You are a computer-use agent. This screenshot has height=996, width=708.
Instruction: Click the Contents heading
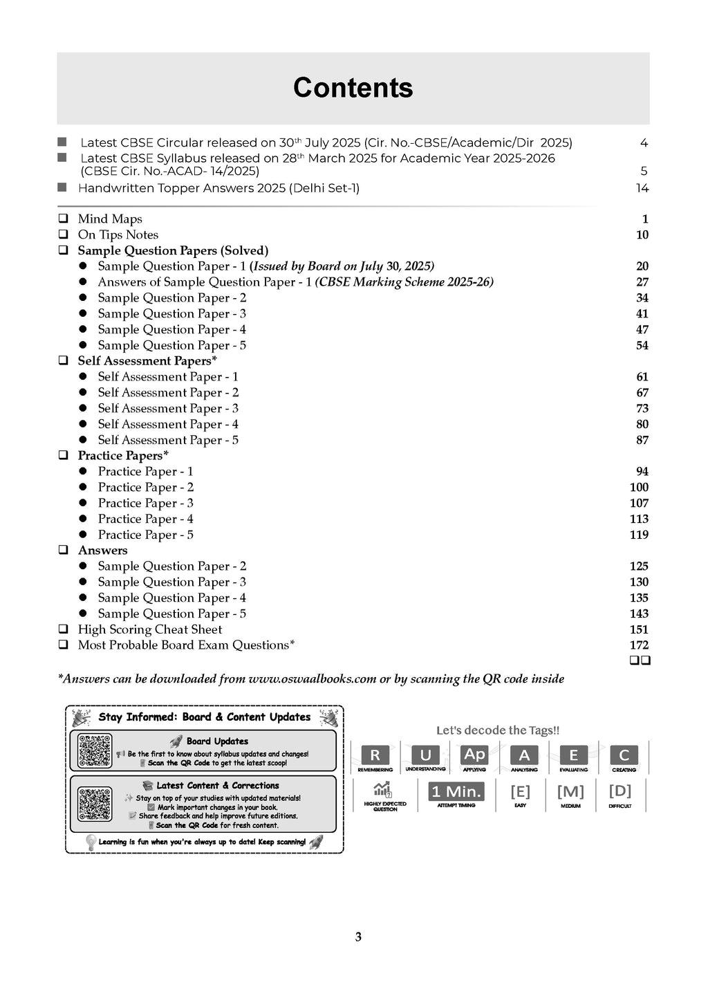pos(353,88)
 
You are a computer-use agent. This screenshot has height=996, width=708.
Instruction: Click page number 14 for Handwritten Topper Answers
pos(642,188)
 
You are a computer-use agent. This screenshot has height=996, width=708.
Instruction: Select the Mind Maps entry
pos(110,219)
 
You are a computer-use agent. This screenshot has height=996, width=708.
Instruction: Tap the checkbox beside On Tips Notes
pos(63,234)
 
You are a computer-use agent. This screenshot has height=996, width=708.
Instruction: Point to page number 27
pos(642,282)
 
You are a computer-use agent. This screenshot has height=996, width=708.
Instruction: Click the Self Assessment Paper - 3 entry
pos(168,409)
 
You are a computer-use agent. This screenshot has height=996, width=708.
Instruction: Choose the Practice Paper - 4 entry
pos(145,519)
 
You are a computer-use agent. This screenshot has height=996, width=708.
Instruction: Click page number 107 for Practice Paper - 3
pos(639,504)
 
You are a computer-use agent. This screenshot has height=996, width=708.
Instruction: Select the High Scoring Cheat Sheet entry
pos(150,629)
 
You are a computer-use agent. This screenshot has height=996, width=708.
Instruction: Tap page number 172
pos(639,645)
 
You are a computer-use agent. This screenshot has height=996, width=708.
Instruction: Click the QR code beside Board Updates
pos(95,750)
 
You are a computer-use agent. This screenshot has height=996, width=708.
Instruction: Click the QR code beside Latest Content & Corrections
pos(95,804)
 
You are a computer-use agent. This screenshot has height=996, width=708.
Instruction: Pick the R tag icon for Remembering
pos(375,755)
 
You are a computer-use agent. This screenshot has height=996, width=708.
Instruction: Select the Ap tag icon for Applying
pos(474,755)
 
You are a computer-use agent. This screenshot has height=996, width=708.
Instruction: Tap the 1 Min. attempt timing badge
pos(456,792)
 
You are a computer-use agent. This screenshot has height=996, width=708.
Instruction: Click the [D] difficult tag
pos(620,791)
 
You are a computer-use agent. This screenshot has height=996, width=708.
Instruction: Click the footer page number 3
pos(358,937)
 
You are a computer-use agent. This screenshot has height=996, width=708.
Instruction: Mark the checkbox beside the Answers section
pos(63,551)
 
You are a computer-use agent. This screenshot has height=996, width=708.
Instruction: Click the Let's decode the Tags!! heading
pos(498,730)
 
